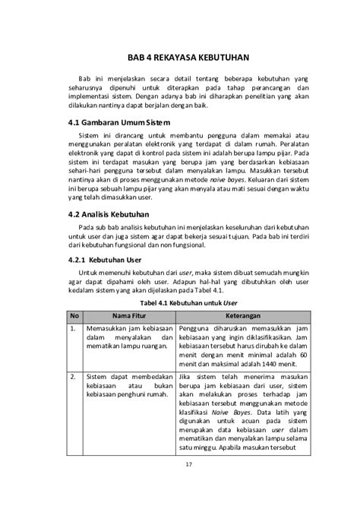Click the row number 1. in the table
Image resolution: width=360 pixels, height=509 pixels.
pos(72,328)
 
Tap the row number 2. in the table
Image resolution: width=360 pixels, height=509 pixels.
pos(72,377)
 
